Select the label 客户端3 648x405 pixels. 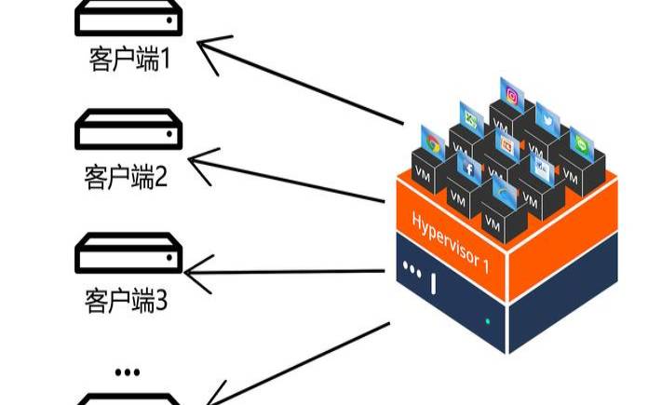pyautogui.click(x=126, y=300)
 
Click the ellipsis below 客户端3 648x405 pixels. pyautogui.click(x=128, y=371)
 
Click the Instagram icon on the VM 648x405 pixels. pyautogui.click(x=511, y=94)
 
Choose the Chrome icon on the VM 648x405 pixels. pyautogui.click(x=431, y=142)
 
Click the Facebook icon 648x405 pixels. pyautogui.click(x=467, y=169)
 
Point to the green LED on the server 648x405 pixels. pyautogui.click(x=488, y=321)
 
